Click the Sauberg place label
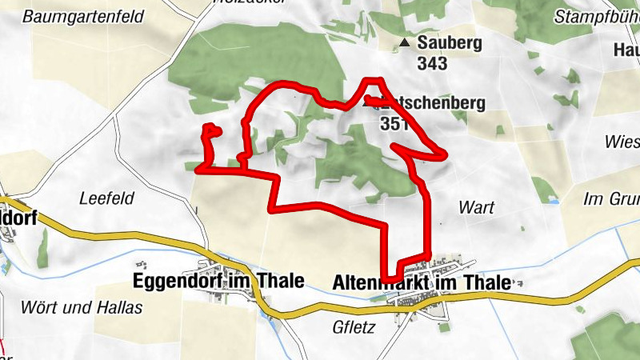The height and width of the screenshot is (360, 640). (x=449, y=42)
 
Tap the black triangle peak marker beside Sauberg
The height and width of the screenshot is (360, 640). (x=406, y=42)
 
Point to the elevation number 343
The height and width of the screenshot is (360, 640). (x=431, y=62)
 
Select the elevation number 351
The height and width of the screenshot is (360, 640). (x=395, y=123)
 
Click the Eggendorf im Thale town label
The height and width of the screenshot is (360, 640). (x=218, y=281)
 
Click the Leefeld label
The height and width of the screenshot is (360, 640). (x=106, y=198)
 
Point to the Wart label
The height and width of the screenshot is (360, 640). (x=476, y=207)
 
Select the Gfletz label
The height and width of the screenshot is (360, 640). (x=353, y=327)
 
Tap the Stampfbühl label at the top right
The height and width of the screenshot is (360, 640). (x=595, y=16)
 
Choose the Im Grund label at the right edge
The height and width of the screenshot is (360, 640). (x=613, y=198)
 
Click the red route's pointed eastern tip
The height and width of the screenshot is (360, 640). (x=443, y=154)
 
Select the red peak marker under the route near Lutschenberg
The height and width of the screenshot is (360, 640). (x=369, y=102)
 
